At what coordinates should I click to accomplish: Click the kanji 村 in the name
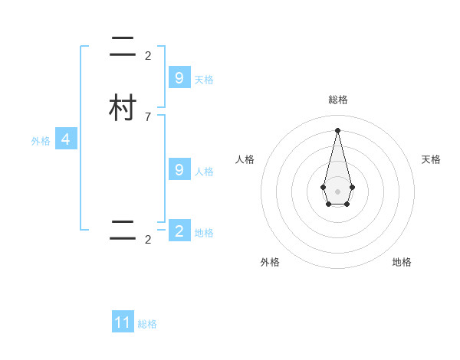(x=123, y=108)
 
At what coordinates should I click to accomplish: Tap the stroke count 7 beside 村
(x=148, y=117)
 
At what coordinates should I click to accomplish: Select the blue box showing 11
(x=123, y=322)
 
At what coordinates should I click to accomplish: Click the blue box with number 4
(x=66, y=139)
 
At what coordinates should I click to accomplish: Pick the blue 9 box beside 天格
(x=179, y=77)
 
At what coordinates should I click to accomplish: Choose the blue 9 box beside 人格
(x=179, y=169)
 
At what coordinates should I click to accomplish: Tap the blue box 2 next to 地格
(x=179, y=231)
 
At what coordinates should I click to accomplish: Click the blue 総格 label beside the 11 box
(x=147, y=324)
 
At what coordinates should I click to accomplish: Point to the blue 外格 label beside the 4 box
(x=41, y=141)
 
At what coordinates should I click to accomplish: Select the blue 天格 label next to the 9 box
(x=204, y=79)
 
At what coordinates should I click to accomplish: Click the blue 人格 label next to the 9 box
(x=204, y=171)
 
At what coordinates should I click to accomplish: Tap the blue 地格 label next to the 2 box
(x=204, y=232)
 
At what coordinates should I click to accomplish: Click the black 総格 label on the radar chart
(x=337, y=100)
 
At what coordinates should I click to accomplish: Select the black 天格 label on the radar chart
(x=431, y=159)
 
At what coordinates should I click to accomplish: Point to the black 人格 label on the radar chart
(x=245, y=159)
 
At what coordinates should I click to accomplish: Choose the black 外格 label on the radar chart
(x=270, y=262)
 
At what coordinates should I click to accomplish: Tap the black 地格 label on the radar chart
(x=402, y=262)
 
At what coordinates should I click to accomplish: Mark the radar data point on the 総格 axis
(x=337, y=129)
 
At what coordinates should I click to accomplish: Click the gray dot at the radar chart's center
(x=337, y=191)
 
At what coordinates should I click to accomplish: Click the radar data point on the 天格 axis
(x=352, y=187)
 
